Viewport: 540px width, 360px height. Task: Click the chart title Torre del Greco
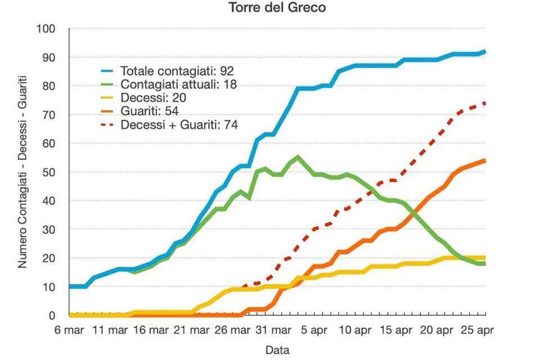[x=269, y=8]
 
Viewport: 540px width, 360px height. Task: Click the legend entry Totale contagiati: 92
[x=177, y=71]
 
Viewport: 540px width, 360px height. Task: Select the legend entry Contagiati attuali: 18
[x=178, y=85]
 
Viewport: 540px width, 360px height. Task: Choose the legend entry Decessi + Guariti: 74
[x=179, y=125]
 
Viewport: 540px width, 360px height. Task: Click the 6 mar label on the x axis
[x=69, y=330]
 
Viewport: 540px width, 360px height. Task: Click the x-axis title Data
[x=277, y=350]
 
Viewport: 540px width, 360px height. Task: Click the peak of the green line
[x=298, y=157]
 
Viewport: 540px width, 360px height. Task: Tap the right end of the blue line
[x=485, y=51]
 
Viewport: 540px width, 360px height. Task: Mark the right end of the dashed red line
[x=485, y=103]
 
